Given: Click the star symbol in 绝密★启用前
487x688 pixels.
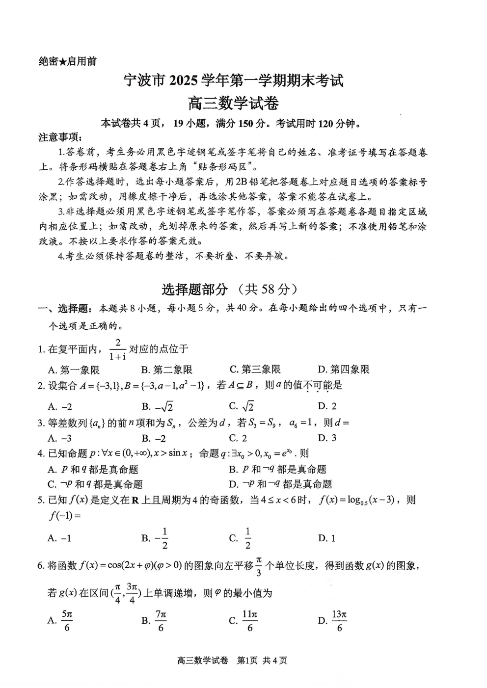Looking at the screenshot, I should point(62,61).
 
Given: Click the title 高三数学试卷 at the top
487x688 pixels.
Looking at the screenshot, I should point(233,104).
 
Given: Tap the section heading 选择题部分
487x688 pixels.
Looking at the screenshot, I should point(195,289).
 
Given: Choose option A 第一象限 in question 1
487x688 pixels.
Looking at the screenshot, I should point(74,370).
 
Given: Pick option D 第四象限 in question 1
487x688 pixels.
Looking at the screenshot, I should point(343,370).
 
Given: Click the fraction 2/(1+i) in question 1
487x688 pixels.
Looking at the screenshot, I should point(117,349).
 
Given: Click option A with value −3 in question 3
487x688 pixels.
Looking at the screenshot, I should point(60,438).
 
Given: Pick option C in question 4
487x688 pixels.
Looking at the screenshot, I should point(95,484).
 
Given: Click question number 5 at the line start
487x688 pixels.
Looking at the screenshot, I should point(41,500).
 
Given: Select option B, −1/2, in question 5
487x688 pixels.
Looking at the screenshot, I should point(156,538).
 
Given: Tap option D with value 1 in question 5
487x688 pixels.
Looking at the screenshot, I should point(327,538).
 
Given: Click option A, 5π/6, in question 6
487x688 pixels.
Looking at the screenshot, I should point(60,621).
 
